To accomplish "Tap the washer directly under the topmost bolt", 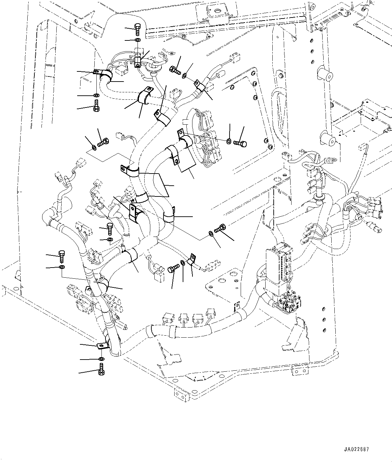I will click(x=138, y=40).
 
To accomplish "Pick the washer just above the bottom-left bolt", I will click(x=101, y=358).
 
